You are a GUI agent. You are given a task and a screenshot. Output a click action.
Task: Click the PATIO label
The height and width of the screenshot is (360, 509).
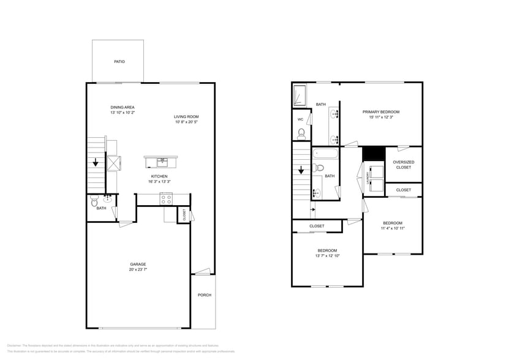pos(119,62)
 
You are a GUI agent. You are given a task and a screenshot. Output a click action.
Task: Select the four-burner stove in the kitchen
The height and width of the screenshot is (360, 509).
pos(166,198)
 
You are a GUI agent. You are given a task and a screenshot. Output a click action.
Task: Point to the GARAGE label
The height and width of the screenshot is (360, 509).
pos(138,264)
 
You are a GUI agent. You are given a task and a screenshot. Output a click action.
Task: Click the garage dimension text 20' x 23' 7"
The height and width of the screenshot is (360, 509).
pos(138,269)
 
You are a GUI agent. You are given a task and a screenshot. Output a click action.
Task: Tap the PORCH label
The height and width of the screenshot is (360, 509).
pos(204,295)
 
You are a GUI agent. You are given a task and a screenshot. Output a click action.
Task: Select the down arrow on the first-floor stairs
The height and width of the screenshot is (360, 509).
pos(96,163)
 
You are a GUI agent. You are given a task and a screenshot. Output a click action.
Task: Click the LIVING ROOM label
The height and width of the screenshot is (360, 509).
pos(186,116)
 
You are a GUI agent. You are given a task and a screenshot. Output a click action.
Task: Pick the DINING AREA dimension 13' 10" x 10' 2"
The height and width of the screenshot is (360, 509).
pos(123,113)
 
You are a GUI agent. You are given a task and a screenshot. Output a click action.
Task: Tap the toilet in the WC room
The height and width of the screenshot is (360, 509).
pos(301,133)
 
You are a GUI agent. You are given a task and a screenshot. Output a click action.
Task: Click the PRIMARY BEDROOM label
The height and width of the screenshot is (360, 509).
pos(380,112)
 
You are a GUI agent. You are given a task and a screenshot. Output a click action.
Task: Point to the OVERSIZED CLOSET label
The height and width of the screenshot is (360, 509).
pos(404,165)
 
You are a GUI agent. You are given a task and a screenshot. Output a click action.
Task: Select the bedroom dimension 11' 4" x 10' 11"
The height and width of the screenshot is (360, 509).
pos(393,228)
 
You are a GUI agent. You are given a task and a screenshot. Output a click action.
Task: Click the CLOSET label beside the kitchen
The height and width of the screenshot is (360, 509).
pos(184,214)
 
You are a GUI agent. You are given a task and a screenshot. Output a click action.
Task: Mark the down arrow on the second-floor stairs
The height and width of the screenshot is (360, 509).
pos(300,172)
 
